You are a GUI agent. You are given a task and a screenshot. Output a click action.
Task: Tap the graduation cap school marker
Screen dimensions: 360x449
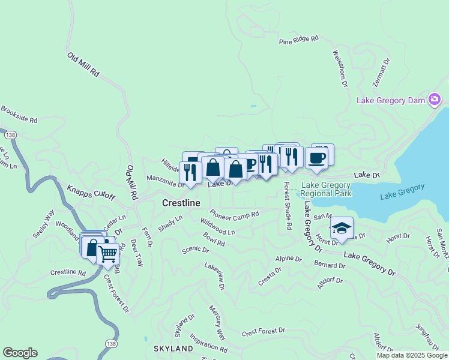342,229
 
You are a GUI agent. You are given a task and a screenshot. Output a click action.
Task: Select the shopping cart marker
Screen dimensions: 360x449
109,254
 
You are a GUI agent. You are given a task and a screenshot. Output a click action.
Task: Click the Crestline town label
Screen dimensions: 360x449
181,203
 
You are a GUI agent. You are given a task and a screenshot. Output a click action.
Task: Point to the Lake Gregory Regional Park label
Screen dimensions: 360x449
326,190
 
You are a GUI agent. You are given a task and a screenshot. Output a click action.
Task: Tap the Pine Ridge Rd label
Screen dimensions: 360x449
298,41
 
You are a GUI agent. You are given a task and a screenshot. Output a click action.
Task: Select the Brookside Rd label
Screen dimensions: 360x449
19,115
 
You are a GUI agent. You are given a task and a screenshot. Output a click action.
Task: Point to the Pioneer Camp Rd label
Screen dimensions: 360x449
234,214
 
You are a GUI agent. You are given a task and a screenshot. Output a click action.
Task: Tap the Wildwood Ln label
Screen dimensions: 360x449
217,227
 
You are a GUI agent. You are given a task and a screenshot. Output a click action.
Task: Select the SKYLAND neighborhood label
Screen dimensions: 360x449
173,349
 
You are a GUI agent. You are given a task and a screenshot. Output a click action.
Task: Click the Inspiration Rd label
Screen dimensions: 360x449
208,343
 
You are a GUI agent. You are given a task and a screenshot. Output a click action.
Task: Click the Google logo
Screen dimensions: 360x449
20,353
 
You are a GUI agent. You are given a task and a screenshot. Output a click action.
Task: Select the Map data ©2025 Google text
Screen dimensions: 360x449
412,355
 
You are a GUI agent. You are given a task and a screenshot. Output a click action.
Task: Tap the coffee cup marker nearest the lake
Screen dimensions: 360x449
316,158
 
